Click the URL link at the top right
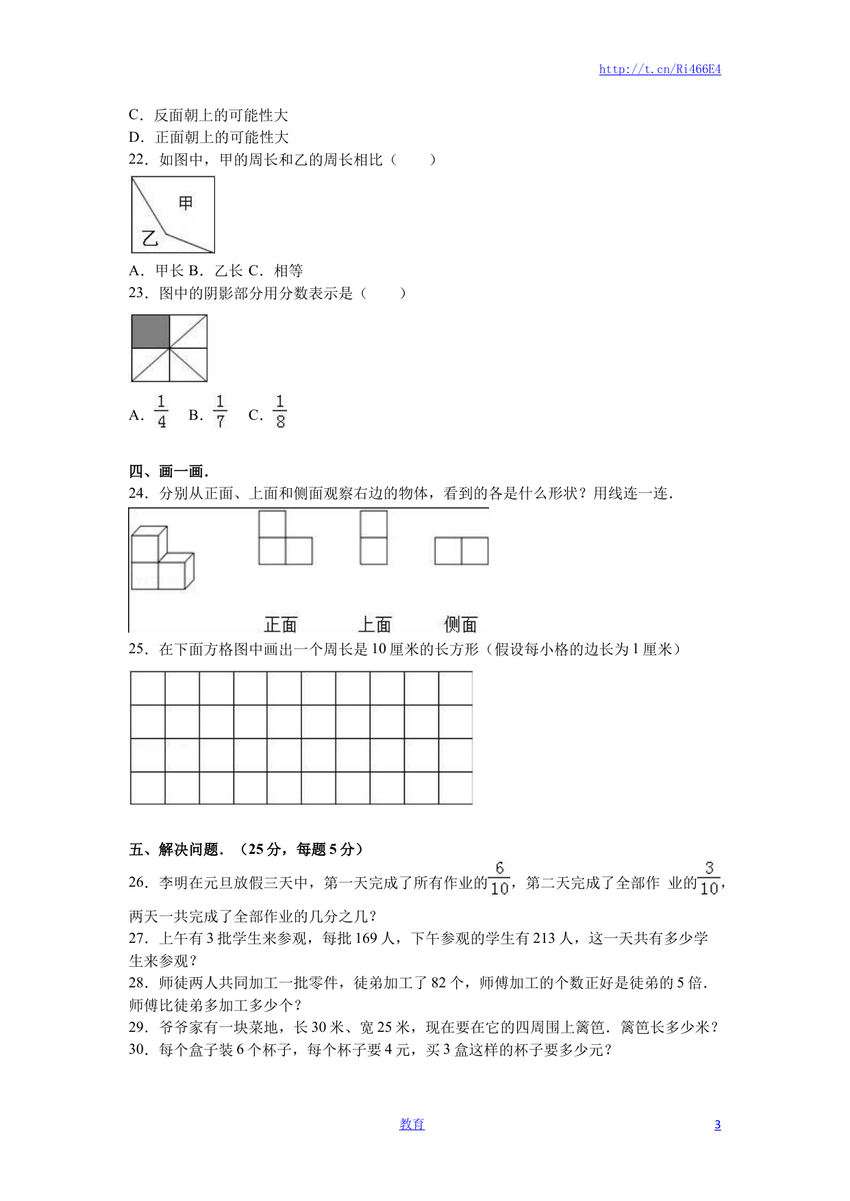tap(660, 69)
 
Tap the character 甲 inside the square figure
tap(186, 203)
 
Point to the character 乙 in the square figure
tap(150, 238)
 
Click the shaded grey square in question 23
tap(151, 331)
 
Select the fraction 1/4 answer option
tap(162, 412)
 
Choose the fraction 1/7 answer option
tap(220, 412)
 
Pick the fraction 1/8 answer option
tap(280, 412)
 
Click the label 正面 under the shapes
tap(281, 624)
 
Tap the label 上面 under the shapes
tap(375, 624)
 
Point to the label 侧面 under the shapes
tap(460, 624)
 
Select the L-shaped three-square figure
tap(285, 538)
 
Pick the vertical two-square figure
tap(374, 538)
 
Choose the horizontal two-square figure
tap(462, 551)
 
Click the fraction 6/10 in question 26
tap(499, 878)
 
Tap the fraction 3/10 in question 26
tap(709, 878)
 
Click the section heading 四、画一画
tap(168, 471)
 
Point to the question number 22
tap(138, 160)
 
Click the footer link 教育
tap(412, 1124)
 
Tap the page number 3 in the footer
tap(717, 1125)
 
